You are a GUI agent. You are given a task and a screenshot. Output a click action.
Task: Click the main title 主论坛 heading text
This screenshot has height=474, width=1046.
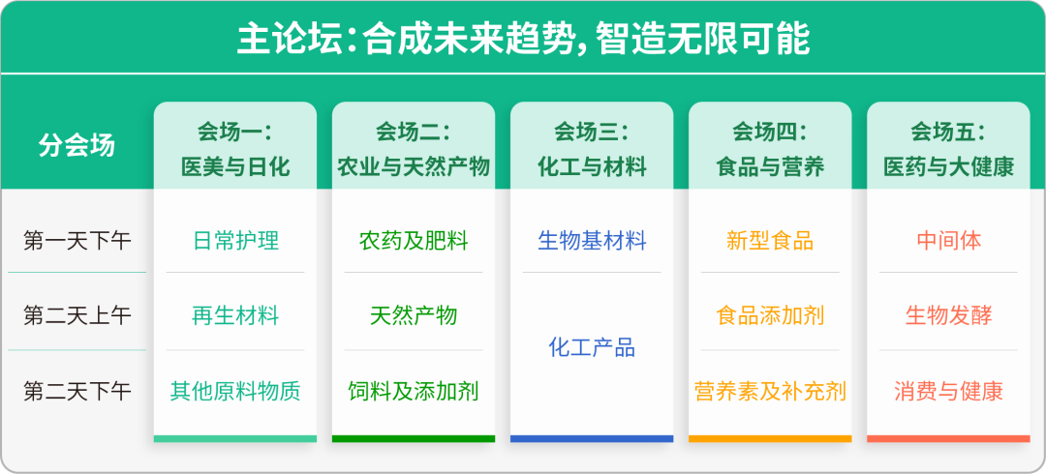pyautogui.click(x=523, y=39)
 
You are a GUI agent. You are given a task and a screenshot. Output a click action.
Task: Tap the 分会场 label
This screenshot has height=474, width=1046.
pyautogui.click(x=77, y=145)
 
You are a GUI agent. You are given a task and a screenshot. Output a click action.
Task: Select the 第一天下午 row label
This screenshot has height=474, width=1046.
pyautogui.click(x=77, y=240)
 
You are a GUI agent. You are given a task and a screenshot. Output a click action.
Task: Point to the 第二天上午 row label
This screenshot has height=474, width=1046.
pyautogui.click(x=77, y=315)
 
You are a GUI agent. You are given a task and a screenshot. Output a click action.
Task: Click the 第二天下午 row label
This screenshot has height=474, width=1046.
pyautogui.click(x=77, y=391)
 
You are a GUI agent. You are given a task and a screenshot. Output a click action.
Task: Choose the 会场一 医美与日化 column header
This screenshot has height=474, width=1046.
pyautogui.click(x=235, y=148)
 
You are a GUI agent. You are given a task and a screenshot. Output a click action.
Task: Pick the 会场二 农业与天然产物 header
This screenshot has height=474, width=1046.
pyautogui.click(x=414, y=148)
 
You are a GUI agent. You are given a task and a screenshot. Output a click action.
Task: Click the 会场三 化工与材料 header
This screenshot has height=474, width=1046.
pyautogui.click(x=592, y=148)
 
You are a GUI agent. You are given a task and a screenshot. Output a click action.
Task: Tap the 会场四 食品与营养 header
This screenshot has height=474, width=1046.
pyautogui.click(x=770, y=148)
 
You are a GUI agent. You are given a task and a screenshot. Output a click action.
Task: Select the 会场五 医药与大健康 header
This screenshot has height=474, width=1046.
pyautogui.click(x=948, y=148)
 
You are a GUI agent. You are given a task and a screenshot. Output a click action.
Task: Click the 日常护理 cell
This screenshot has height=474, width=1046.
pyautogui.click(x=235, y=240)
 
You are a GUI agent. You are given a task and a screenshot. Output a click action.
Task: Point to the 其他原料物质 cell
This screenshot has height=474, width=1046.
pyautogui.click(x=235, y=391)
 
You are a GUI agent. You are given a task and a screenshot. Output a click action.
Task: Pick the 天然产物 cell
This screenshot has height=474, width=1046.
pyautogui.click(x=414, y=315)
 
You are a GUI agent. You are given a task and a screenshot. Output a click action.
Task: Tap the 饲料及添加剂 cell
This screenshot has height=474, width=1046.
pyautogui.click(x=414, y=391)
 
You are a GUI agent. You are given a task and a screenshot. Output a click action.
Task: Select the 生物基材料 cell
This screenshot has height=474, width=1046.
pyautogui.click(x=592, y=240)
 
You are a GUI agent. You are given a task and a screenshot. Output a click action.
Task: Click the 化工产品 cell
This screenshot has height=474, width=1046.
pyautogui.click(x=592, y=347)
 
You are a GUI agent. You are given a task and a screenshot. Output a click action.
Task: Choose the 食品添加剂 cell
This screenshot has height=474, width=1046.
pyautogui.click(x=770, y=315)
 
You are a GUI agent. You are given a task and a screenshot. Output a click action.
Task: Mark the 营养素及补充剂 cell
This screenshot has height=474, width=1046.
pyautogui.click(x=770, y=391)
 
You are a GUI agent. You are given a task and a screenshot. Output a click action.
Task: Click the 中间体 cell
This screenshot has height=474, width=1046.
pyautogui.click(x=948, y=240)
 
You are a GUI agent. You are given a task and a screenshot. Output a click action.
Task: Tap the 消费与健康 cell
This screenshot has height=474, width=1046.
pyautogui.click(x=948, y=391)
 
